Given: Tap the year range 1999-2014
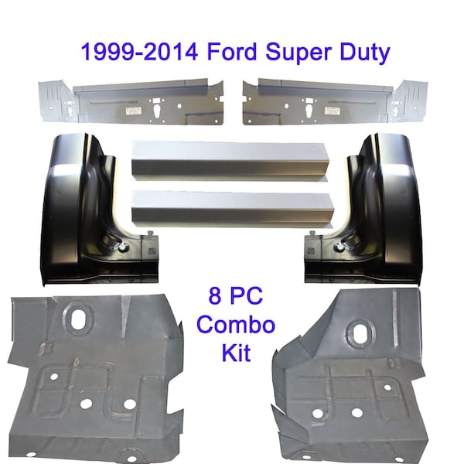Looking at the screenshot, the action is coord(139,52).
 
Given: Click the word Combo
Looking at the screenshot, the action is coord(236,325).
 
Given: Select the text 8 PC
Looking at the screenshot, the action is coord(236,296).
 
